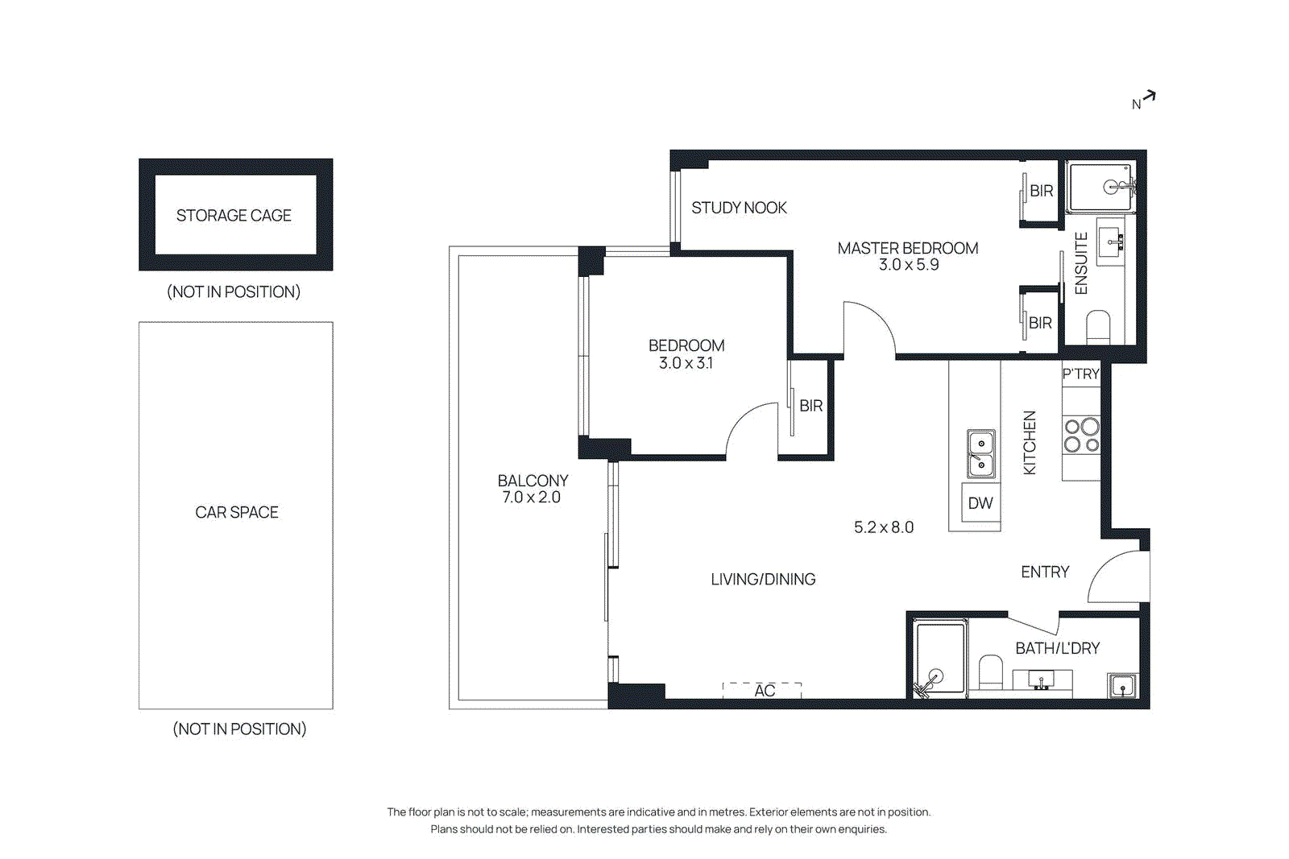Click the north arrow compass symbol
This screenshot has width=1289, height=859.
(1145, 100)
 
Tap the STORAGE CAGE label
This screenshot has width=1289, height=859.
(234, 216)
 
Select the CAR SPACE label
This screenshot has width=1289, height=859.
(237, 513)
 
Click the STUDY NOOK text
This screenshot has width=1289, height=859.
(739, 208)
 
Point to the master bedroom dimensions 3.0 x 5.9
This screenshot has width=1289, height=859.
(908, 265)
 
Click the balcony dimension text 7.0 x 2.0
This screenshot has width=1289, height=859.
(531, 498)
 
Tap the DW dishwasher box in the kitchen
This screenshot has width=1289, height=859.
(980, 503)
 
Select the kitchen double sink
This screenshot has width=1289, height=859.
(980, 453)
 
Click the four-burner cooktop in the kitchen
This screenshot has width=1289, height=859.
(1081, 435)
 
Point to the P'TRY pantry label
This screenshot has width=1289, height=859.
(1080, 374)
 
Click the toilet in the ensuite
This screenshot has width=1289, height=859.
(1098, 327)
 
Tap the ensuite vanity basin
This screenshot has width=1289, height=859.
(1113, 240)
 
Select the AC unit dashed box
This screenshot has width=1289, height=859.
(762, 690)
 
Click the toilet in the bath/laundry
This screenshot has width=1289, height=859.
(990, 672)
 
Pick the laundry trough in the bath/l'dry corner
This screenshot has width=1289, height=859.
(1122, 686)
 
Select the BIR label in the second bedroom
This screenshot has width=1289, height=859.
(810, 406)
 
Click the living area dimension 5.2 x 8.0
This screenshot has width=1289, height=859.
(884, 527)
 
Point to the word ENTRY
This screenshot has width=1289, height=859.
(1045, 572)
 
